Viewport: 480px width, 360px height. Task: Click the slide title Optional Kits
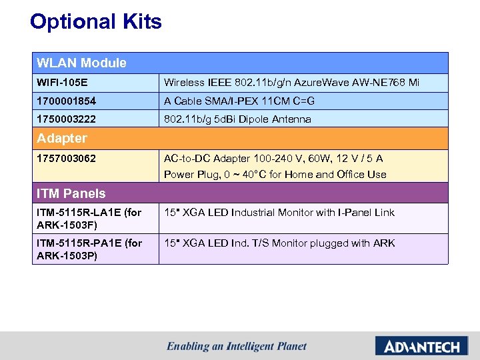(96, 22)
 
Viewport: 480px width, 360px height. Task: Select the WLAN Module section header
(81, 63)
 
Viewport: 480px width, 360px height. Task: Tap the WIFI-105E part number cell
(63, 83)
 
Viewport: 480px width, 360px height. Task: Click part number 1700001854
(67, 101)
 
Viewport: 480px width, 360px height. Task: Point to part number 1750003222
(67, 119)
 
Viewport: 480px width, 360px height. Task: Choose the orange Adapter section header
(62, 139)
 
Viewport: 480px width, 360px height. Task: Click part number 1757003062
(67, 159)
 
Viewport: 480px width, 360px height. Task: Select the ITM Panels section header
(71, 194)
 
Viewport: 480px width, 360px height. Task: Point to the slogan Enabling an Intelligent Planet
(237, 347)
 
